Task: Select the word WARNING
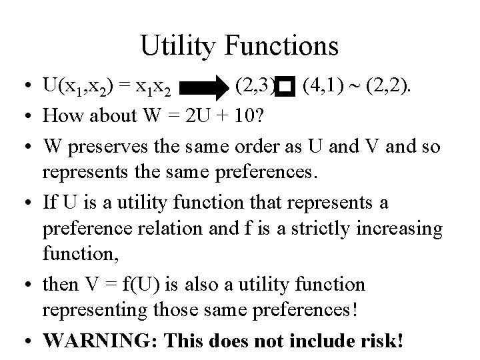point(99,341)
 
